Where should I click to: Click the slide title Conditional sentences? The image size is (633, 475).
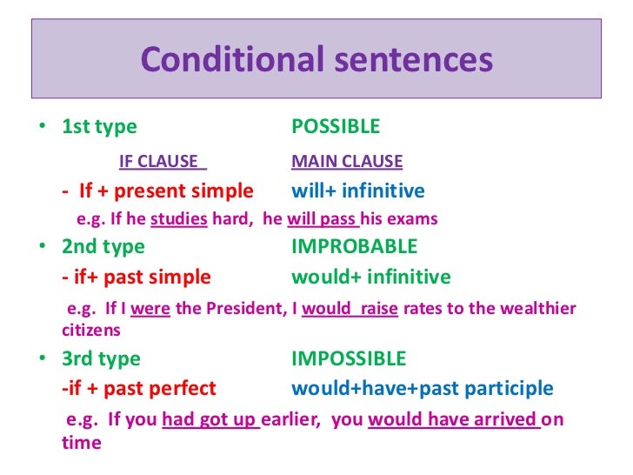[x=316, y=60]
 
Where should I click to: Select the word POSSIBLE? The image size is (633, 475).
[x=336, y=127]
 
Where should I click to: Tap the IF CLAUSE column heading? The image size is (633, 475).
[x=163, y=161]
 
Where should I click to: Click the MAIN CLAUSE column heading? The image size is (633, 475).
[x=347, y=161]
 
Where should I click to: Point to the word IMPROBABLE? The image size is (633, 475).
[x=354, y=246]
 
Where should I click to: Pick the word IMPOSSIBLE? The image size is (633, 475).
[x=349, y=358]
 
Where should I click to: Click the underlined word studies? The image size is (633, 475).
[x=178, y=219]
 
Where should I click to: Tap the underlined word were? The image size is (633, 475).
[x=150, y=309]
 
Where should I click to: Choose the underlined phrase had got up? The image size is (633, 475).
[x=210, y=420]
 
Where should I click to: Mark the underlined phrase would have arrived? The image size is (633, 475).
[x=453, y=420]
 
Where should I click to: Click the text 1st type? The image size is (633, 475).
[x=99, y=127]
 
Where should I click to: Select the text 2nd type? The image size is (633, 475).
[x=103, y=246]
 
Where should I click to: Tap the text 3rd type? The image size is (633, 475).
[x=101, y=358]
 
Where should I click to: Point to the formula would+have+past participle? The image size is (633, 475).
[x=422, y=388]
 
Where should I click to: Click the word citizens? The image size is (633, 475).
[x=90, y=331]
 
